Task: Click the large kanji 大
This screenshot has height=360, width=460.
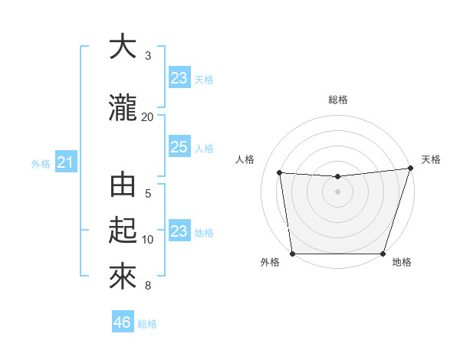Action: (123, 47)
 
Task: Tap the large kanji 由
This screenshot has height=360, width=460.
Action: (123, 185)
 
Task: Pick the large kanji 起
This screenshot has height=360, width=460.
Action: (123, 231)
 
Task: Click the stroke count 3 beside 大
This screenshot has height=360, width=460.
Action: (148, 56)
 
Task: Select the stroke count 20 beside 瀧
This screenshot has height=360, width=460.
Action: (148, 116)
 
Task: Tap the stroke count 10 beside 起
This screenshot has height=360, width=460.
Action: (148, 240)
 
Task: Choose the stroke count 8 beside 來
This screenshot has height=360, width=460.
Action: (148, 286)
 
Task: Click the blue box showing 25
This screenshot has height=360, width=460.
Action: (179, 147)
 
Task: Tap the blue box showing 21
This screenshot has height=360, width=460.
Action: (65, 162)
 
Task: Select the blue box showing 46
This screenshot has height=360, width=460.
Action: (123, 322)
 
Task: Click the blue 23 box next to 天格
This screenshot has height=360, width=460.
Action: (179, 78)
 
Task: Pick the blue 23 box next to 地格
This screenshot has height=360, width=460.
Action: (179, 231)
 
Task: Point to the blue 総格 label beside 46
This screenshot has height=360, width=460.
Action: (147, 324)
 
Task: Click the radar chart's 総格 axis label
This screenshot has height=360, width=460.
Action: (337, 100)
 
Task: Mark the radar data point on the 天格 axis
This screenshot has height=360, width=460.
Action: (410, 169)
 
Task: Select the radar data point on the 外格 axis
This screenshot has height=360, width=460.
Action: (293, 254)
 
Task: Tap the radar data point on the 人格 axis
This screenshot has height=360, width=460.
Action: (280, 173)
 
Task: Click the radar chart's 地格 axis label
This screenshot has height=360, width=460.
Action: (402, 263)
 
